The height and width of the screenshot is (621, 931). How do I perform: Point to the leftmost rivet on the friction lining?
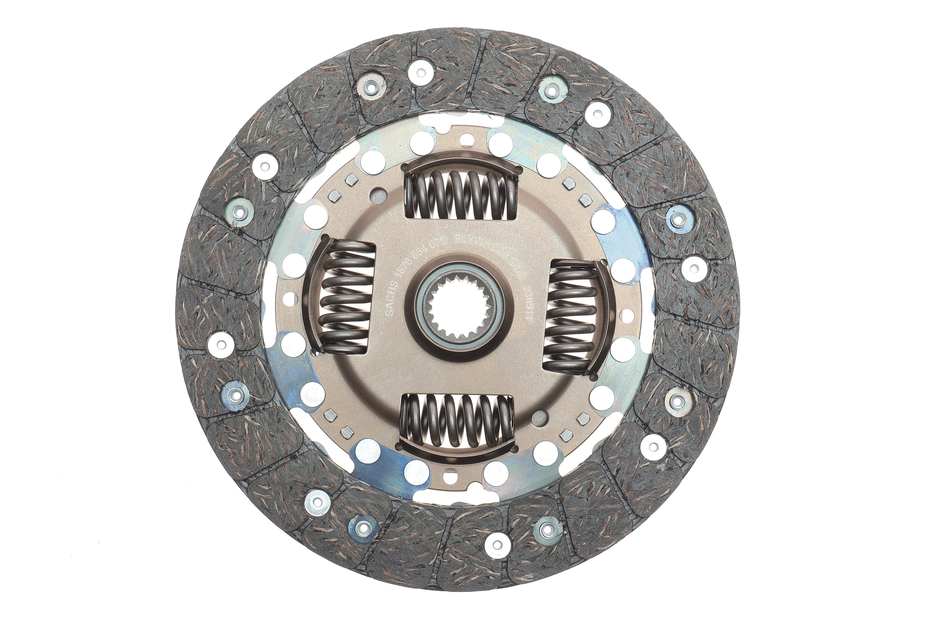coord(222,341)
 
